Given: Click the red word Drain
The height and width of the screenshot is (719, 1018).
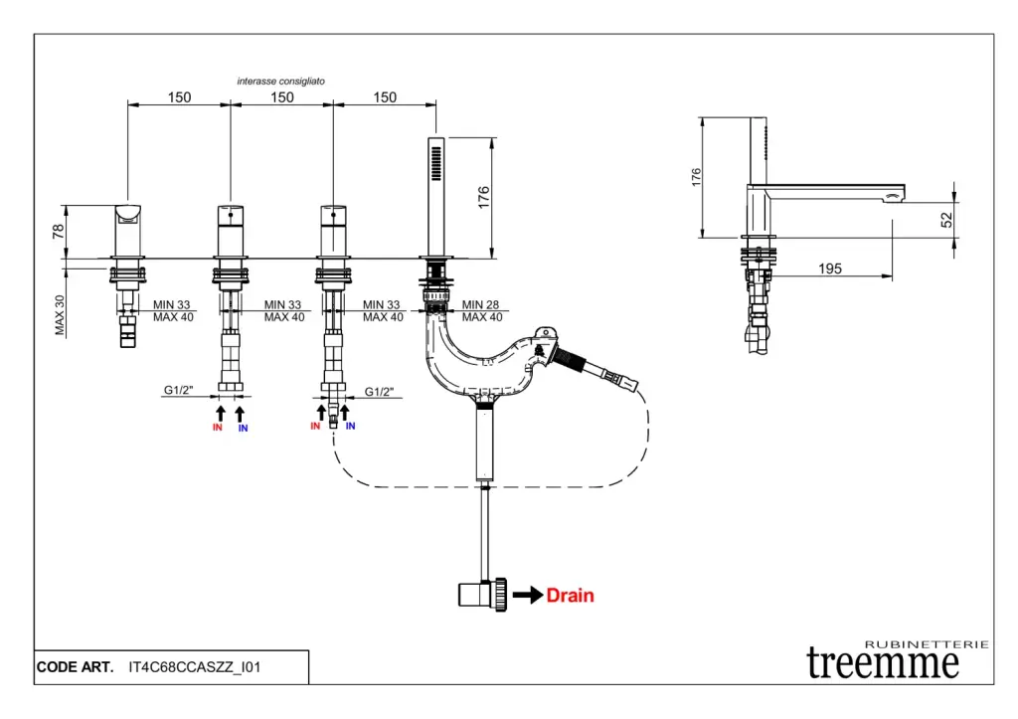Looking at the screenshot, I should [571, 596].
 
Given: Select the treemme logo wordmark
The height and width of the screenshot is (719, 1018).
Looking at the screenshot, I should [883, 662].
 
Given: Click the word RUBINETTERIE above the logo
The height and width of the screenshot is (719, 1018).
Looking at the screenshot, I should [928, 643].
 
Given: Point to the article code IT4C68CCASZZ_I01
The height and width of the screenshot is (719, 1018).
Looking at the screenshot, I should [195, 667].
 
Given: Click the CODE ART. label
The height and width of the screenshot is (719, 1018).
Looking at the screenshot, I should [75, 667].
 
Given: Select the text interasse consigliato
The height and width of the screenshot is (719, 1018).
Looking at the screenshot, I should [280, 81].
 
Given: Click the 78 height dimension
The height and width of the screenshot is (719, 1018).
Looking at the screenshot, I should [59, 231].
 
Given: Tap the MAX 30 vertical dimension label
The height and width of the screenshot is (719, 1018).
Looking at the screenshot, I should [60, 315].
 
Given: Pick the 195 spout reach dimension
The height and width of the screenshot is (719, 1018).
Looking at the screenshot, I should [830, 268].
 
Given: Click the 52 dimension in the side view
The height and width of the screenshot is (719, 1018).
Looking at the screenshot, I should [946, 219].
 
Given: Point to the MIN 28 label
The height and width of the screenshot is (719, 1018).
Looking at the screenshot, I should [482, 304].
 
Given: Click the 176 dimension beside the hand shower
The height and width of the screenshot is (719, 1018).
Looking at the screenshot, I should [484, 196].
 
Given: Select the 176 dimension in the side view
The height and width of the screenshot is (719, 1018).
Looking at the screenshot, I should [697, 177].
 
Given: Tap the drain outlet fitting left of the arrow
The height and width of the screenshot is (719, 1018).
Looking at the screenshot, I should [483, 595].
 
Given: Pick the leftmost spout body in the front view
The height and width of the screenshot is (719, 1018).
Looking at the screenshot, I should [128, 229].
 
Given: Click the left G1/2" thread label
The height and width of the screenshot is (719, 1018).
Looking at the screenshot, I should [179, 392].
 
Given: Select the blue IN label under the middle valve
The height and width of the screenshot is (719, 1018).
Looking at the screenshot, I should [243, 428].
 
